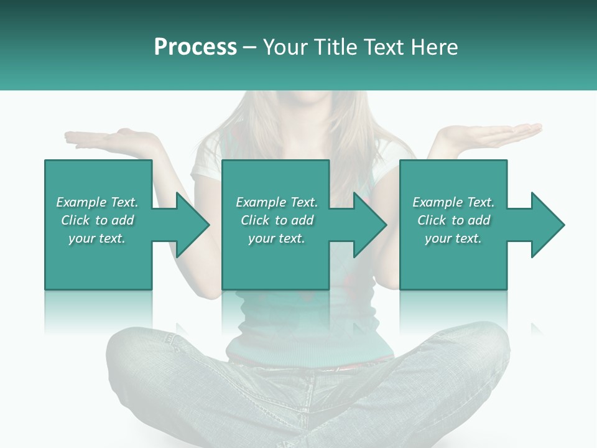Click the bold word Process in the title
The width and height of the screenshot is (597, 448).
pos(195,47)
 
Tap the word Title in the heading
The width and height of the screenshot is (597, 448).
pos(336,47)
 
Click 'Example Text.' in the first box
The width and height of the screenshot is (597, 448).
pos(97,202)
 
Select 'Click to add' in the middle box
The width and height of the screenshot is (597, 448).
pos(277,220)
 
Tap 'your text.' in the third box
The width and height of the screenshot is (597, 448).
pos(453,238)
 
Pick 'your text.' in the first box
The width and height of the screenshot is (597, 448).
pos(97,238)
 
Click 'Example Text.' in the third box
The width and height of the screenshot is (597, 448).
pos(453,202)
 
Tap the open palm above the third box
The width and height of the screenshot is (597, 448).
pos(491,134)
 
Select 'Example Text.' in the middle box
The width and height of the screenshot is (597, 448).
pos(277,202)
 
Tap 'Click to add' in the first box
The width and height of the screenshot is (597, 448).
pos(97,220)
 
